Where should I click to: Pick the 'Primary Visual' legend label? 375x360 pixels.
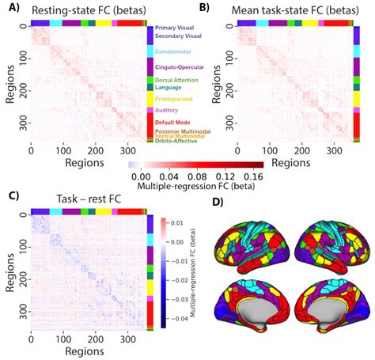coord(174,28)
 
